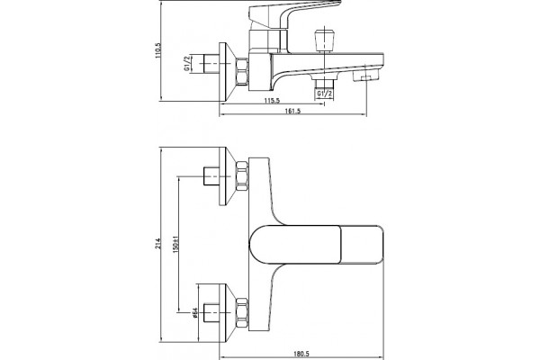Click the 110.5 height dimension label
pyautogui.click(x=158, y=50)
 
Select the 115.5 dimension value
pyautogui.click(x=272, y=101)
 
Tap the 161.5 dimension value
pyautogui.click(x=292, y=111)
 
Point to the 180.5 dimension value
pyautogui.click(x=301, y=354)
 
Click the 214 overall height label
pyautogui.click(x=158, y=244)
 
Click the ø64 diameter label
pyautogui.click(x=194, y=312)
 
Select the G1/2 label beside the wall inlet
pyautogui.click(x=187, y=63)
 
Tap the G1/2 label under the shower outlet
pyautogui.click(x=324, y=94)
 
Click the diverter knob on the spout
pyautogui.click(x=324, y=41)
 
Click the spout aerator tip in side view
pyautogui.click(x=367, y=76)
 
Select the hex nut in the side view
pyautogui.click(x=242, y=71)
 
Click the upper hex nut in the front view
pyautogui.click(x=242, y=176)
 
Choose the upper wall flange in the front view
pyautogui.click(x=228, y=176)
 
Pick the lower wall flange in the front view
pyautogui.click(x=228, y=313)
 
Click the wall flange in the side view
pyautogui.click(x=228, y=72)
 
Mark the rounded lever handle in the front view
pyautogui.click(x=316, y=245)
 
